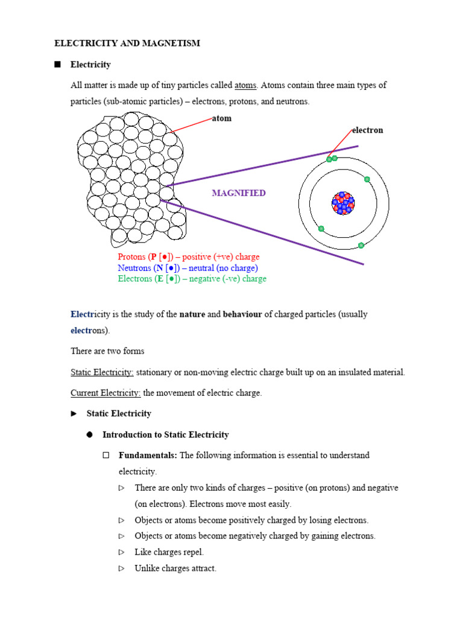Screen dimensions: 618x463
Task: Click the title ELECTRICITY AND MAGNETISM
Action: [x=127, y=43]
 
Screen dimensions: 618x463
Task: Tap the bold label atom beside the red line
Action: [x=222, y=118]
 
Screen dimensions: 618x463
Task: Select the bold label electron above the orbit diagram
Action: [x=367, y=130]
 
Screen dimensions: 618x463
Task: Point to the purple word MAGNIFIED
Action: [x=239, y=193]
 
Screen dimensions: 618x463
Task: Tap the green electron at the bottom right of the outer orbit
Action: [x=361, y=245]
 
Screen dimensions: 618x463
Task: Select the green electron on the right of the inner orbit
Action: [x=367, y=179]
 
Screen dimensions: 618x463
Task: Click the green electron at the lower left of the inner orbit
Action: [x=321, y=229]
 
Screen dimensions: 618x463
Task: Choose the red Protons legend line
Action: [x=189, y=257]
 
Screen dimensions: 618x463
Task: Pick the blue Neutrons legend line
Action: [x=187, y=268]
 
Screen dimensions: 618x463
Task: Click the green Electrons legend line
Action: [x=192, y=279]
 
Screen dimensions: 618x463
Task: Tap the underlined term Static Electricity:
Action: [x=102, y=372]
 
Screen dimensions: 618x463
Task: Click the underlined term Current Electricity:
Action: [x=106, y=393]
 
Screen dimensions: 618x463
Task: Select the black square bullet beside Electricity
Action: [x=58, y=64]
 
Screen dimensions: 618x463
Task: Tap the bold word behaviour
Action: [x=242, y=314]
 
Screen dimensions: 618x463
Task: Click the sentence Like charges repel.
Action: [x=169, y=552]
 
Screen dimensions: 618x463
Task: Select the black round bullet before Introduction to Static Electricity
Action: [x=90, y=435]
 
